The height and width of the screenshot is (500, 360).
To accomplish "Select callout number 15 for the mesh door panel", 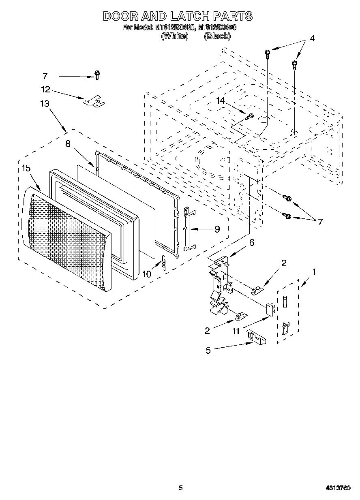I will point(26,168).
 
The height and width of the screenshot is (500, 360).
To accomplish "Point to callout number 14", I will point(220,101).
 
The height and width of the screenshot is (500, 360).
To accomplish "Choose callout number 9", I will point(217,229).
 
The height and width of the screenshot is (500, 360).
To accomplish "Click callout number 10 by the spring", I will point(146,274).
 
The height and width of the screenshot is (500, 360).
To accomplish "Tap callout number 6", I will point(252,243).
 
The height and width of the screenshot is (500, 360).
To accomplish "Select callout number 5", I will point(208,350).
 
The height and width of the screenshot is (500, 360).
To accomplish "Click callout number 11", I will point(236,331).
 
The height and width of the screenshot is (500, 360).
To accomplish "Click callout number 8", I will point(68,143).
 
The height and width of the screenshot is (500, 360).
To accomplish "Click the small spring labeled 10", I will point(164,265).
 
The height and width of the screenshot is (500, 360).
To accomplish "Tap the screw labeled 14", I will point(249,117).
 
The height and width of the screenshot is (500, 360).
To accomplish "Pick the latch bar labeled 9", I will point(186,229).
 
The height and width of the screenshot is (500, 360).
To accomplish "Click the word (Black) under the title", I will point(217,36).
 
